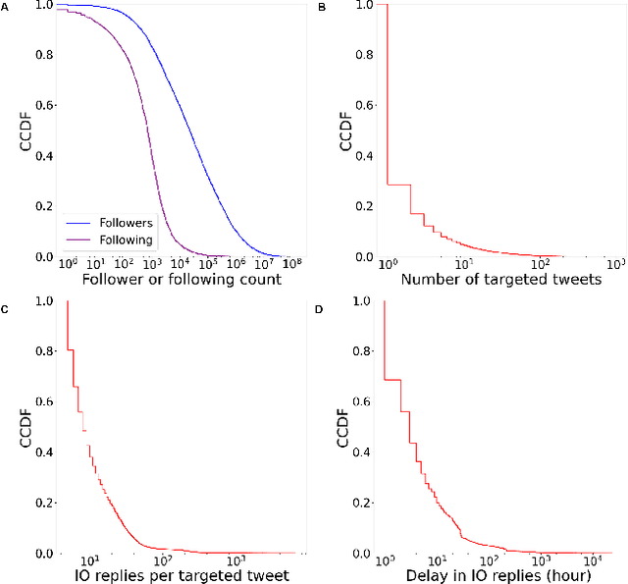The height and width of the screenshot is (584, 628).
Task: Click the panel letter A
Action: (5, 6)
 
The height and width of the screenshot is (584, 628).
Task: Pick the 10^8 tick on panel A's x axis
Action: (291, 264)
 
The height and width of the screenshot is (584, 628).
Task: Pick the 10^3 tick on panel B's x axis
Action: (616, 264)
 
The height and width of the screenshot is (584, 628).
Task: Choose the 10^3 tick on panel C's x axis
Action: (236, 560)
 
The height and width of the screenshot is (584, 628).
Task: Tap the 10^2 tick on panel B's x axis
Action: (539, 264)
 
